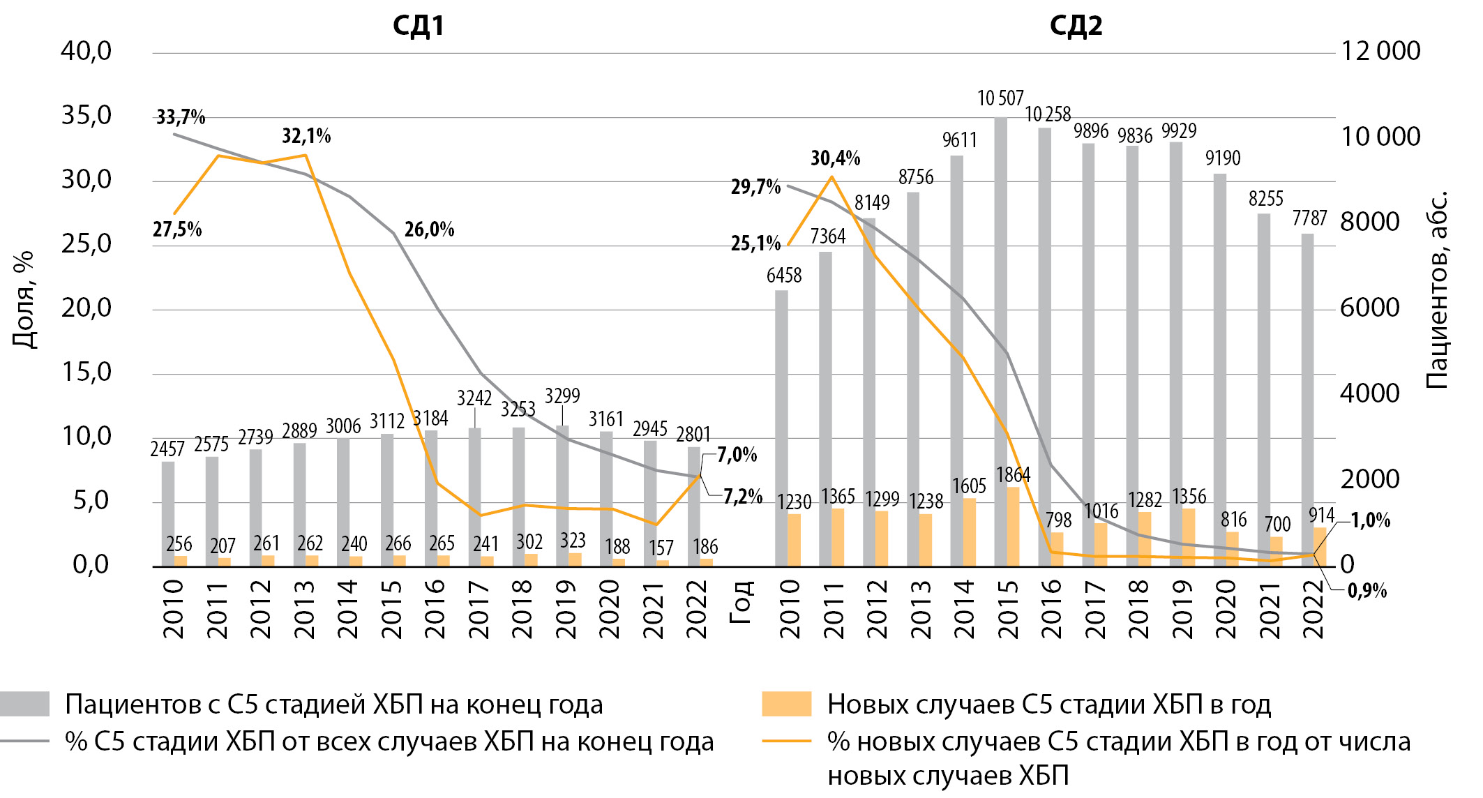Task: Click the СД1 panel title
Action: pyautogui.click(x=418, y=26)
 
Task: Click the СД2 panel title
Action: pyautogui.click(x=1076, y=26)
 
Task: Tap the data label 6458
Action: pyautogui.click(x=784, y=276)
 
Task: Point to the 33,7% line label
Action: pyautogui.click(x=181, y=117)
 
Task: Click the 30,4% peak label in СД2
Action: pyautogui.click(x=835, y=159)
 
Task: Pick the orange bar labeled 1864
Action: pyautogui.click(x=1013, y=526)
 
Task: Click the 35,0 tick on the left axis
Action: pyautogui.click(x=86, y=116)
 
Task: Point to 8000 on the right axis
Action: pyautogui.click(x=1370, y=223)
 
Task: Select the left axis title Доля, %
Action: pyautogui.click(x=24, y=299)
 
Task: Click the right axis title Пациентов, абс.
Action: pyautogui.click(x=1437, y=289)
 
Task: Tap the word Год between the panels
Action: pyautogui.click(x=740, y=601)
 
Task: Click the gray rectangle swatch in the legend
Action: pyautogui.click(x=25, y=704)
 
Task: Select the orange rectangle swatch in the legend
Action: pyautogui.click(x=786, y=704)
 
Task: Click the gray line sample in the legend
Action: pyautogui.click(x=25, y=741)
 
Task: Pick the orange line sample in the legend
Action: pyautogui.click(x=786, y=741)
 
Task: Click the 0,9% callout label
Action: pyautogui.click(x=1367, y=592)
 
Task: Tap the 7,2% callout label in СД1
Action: pyautogui.click(x=742, y=497)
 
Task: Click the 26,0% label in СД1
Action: pyautogui.click(x=429, y=229)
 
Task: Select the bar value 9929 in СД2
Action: pyautogui.click(x=1178, y=131)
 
